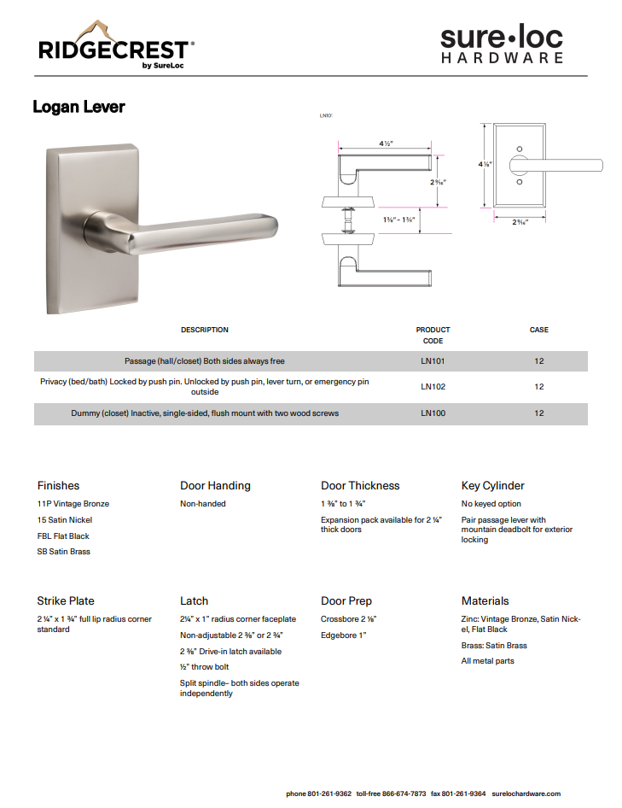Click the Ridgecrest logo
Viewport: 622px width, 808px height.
coord(116,46)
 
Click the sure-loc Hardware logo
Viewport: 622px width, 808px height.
coord(502,44)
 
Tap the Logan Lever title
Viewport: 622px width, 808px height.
coord(78,107)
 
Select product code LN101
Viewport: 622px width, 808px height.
coord(433,361)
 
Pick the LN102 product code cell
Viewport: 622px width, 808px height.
coord(433,387)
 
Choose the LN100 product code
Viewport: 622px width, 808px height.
coord(433,413)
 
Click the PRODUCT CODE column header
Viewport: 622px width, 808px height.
coord(433,335)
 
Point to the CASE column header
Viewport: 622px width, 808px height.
coord(538,330)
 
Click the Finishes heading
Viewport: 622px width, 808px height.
coord(58,486)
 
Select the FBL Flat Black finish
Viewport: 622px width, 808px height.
coord(63,536)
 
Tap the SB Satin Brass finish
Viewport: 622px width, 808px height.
coord(64,552)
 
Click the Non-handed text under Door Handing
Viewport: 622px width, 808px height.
coord(203,504)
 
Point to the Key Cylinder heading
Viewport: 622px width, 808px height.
coord(492,486)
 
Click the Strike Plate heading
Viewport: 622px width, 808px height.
coord(66,601)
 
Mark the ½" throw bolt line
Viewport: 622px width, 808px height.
coord(204,667)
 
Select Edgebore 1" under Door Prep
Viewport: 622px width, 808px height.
coord(343,635)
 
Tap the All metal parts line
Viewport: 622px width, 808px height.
coord(487,661)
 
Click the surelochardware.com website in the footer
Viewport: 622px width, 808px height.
coord(526,793)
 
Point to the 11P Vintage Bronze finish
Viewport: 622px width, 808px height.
coord(73,504)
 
